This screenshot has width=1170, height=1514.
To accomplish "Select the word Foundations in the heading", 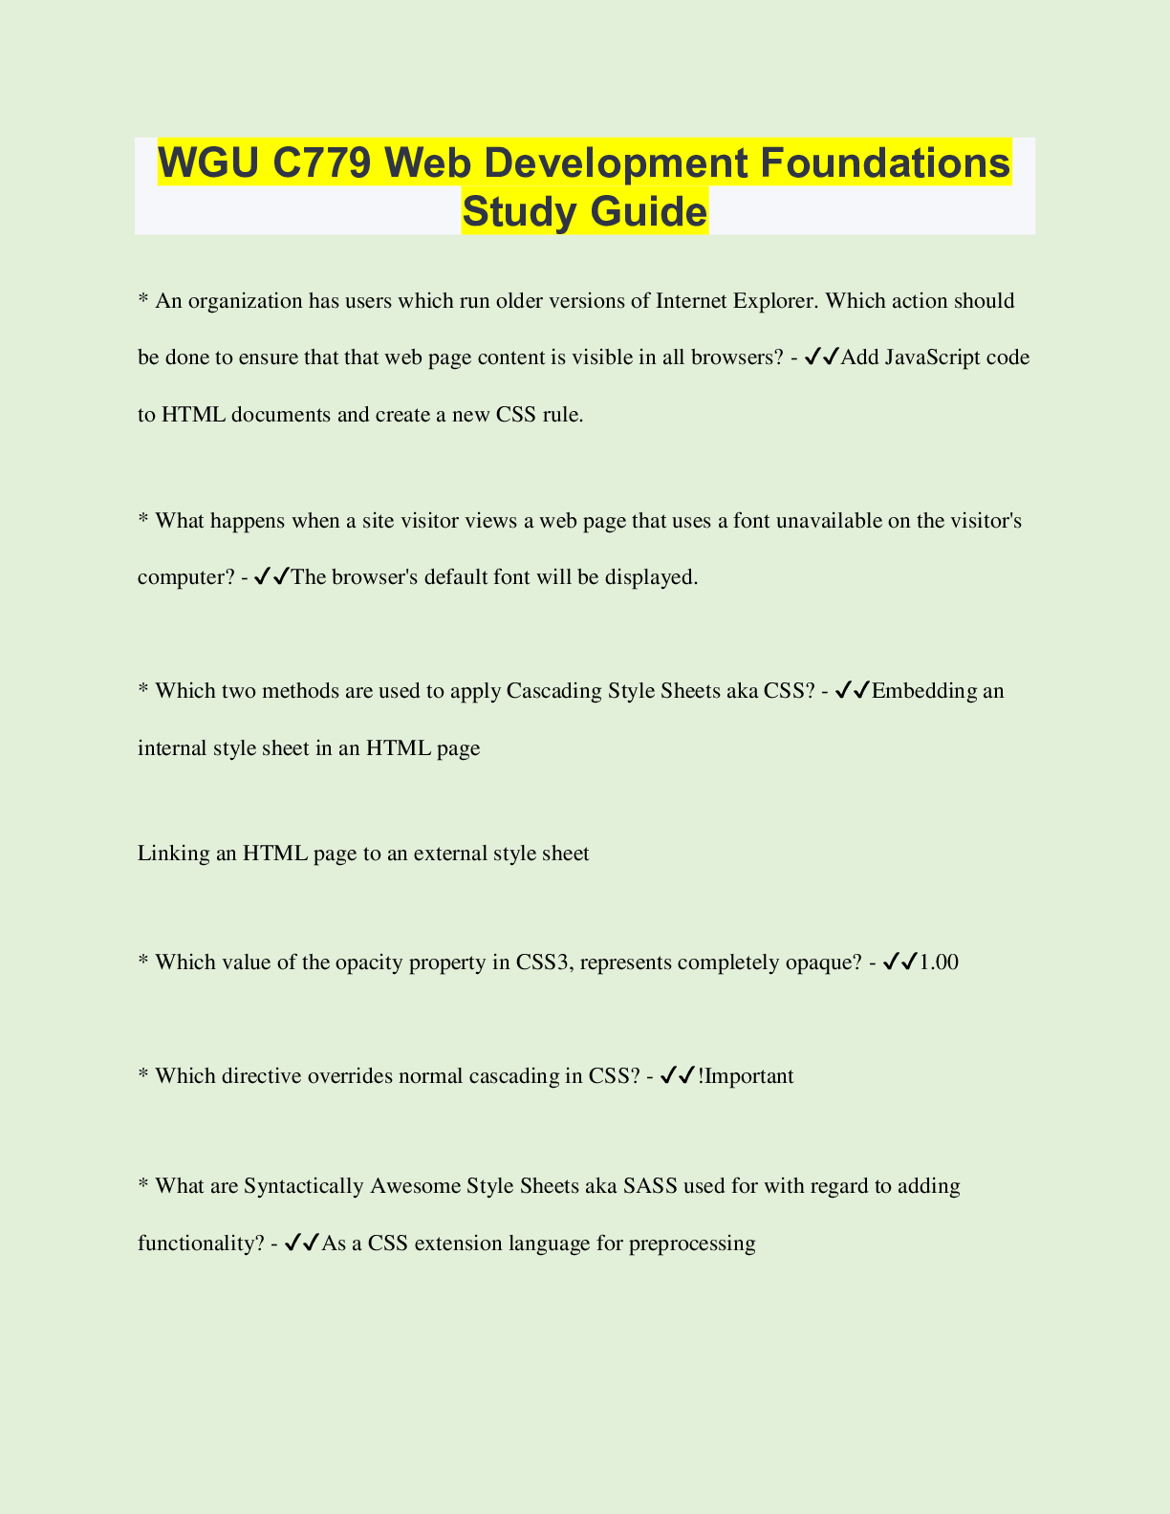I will (x=885, y=162).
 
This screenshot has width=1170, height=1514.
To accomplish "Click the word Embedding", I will (x=923, y=691).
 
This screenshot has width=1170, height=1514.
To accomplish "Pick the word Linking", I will (x=173, y=854).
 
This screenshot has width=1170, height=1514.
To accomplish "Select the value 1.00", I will (x=939, y=962).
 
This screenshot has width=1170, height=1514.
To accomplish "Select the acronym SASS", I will (x=650, y=1186).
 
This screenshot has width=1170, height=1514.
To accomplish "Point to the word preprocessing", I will (x=692, y=1244).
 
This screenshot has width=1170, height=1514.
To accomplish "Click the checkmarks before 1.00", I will (x=900, y=962).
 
